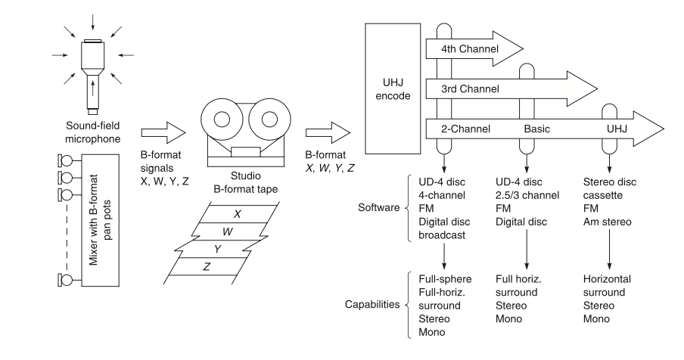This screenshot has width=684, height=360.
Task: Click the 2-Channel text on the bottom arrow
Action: pos(465,129)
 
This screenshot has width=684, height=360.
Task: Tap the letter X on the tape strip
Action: pos(237,214)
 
